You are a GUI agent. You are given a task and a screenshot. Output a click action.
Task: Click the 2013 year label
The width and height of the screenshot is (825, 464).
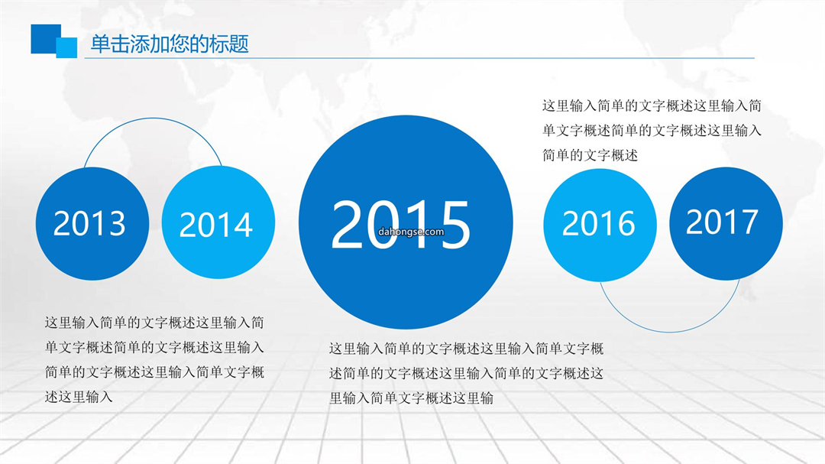[x=89, y=223]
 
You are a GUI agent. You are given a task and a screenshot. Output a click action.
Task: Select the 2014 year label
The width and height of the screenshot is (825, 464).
[x=215, y=225]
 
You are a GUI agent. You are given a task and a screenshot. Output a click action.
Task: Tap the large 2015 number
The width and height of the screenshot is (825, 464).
[x=400, y=225]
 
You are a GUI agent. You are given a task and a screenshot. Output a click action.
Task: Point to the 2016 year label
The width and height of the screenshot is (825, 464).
[x=598, y=223]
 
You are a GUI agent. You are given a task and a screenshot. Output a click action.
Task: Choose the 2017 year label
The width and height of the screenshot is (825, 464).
[x=722, y=221]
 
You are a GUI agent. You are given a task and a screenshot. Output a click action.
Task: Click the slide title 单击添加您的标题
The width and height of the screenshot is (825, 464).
[x=170, y=44]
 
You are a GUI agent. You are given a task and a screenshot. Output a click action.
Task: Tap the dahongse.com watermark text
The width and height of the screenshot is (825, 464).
[x=411, y=232]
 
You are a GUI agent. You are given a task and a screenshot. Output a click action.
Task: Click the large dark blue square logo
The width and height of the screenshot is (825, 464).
[x=46, y=39]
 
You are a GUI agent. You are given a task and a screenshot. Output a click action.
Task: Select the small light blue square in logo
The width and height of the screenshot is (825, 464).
[x=66, y=47]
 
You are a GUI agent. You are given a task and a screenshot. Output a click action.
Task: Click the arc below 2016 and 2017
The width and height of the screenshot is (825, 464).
[x=669, y=332]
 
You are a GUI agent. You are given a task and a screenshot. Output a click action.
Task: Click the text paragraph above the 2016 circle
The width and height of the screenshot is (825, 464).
[x=652, y=131]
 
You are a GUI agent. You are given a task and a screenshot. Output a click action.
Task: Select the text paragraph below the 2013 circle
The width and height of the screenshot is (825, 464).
[x=154, y=360]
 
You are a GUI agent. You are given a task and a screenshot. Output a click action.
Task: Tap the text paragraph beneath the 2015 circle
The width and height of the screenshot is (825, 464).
[x=466, y=373]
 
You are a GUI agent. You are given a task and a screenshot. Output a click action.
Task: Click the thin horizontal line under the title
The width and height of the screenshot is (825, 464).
[x=419, y=58]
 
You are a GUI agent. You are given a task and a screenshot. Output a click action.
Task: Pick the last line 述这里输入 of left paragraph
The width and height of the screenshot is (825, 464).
[x=79, y=397]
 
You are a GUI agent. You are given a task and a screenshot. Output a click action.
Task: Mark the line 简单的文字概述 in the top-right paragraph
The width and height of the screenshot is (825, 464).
[x=590, y=155]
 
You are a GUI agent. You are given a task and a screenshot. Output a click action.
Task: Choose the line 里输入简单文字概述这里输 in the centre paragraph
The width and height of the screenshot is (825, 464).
[x=412, y=398]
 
